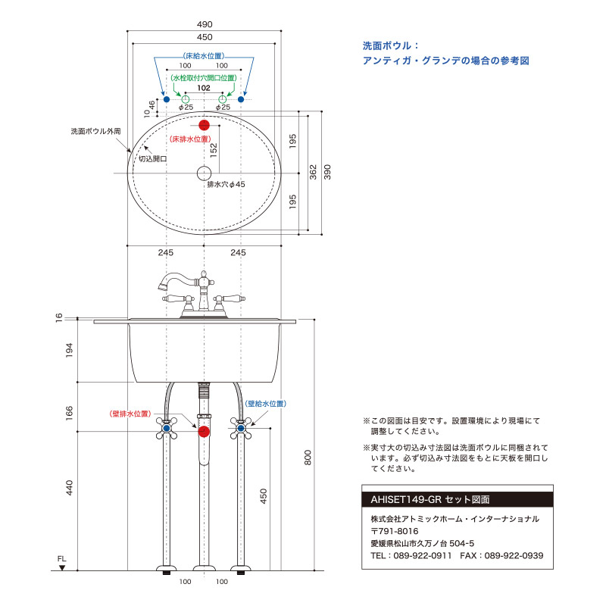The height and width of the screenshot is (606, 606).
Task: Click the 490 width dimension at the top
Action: tap(205, 24)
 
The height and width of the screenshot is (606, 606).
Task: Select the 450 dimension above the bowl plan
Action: tap(205, 37)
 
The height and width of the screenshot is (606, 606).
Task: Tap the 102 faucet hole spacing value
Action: tap(204, 88)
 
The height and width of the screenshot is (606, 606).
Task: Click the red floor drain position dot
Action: tap(204, 125)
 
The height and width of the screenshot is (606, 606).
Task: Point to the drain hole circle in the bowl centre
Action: tap(204, 173)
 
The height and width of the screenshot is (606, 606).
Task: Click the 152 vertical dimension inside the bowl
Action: tap(214, 150)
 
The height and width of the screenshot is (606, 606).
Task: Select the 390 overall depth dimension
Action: tap(327, 173)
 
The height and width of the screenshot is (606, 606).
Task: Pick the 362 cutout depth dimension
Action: tap(313, 173)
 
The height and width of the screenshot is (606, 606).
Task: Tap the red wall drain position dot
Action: tap(204, 432)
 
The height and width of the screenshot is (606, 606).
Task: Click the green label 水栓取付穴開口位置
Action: tap(204, 78)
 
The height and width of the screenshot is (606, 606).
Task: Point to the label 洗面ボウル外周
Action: tap(95, 131)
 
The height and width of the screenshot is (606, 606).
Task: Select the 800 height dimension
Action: tap(308, 458)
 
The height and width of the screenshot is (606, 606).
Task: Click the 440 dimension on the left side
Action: tap(69, 488)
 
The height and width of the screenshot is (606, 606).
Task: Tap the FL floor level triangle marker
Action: tap(62, 567)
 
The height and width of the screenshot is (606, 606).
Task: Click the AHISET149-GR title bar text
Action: tap(430, 500)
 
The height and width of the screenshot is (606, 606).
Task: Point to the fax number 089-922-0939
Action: tap(514, 556)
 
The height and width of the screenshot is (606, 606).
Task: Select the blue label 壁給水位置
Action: tap(266, 404)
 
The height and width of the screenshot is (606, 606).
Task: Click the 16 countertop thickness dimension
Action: tap(59, 317)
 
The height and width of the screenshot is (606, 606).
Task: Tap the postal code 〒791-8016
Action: tap(395, 531)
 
